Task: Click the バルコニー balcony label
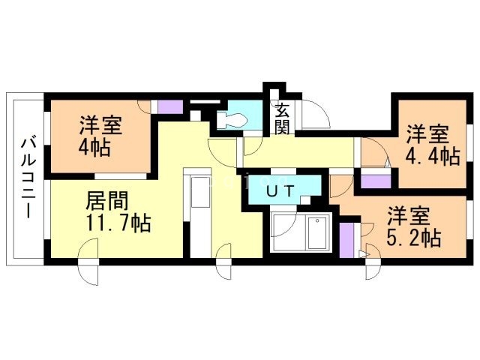(25, 177)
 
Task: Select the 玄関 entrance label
(282, 118)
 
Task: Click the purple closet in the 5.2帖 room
(346, 239)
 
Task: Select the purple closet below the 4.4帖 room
(374, 180)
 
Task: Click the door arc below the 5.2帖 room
(371, 268)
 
